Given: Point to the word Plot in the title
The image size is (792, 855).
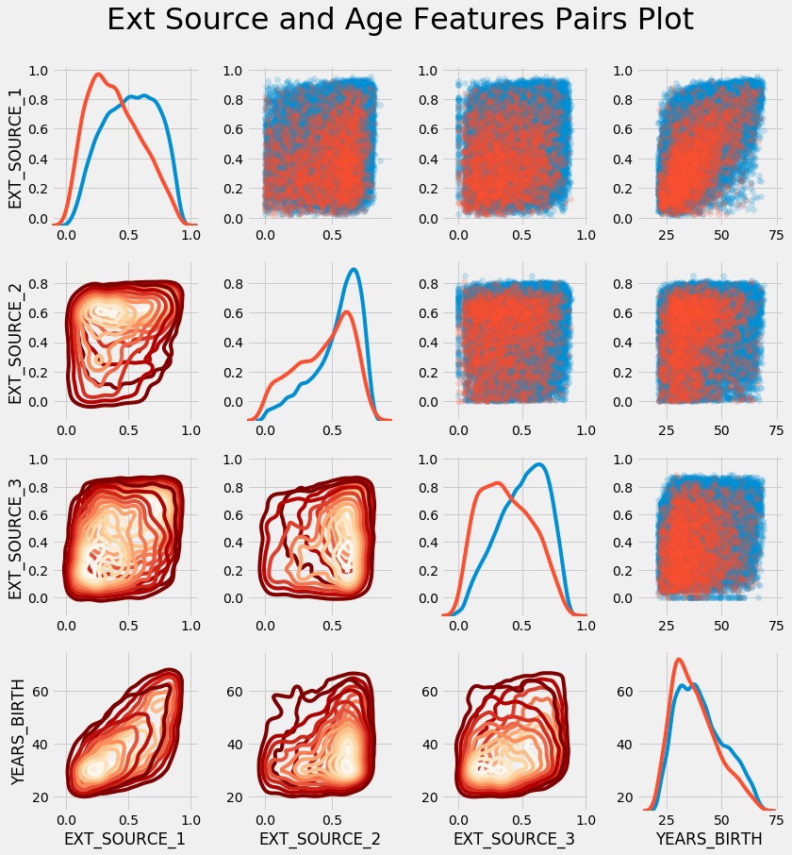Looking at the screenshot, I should click(658, 21).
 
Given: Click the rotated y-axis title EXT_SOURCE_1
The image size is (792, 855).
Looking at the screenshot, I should click(16, 144).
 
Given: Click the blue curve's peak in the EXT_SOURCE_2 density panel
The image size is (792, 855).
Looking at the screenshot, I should click(354, 270).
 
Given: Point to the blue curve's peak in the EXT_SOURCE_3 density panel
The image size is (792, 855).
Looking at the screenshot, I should click(539, 463).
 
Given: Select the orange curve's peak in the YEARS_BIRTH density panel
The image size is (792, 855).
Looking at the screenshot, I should click(679, 659).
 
